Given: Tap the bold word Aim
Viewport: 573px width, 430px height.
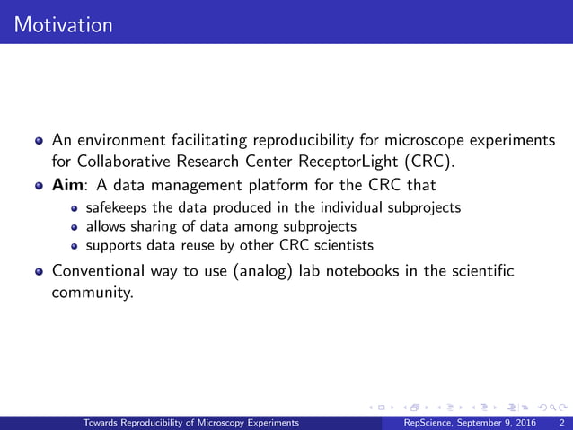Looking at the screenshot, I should (68, 186).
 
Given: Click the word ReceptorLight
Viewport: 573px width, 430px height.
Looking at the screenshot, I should (300, 163).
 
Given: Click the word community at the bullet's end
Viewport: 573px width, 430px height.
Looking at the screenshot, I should (93, 293).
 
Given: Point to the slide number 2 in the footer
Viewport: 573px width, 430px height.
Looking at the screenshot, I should (561, 422).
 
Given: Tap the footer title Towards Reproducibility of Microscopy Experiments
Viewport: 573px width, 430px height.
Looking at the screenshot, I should (191, 422).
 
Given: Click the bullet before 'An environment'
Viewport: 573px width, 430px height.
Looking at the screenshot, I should (38, 141).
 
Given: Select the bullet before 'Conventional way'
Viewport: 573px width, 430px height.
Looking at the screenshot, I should (38, 271).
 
